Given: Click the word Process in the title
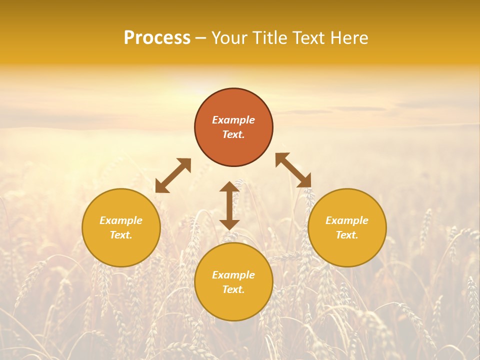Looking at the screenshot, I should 157,38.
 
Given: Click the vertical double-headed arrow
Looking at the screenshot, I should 229,205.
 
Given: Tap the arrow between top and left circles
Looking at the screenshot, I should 173,175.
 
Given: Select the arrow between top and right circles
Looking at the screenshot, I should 293,170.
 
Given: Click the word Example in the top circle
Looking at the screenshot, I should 233,120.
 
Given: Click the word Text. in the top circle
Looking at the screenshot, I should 233,134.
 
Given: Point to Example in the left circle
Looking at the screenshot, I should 121,220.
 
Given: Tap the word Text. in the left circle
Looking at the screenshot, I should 121,235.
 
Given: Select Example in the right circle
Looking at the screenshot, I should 347,220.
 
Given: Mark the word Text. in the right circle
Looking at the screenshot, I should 347,235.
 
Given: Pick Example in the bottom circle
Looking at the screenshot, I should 233,275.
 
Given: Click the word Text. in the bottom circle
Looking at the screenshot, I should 233,289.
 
